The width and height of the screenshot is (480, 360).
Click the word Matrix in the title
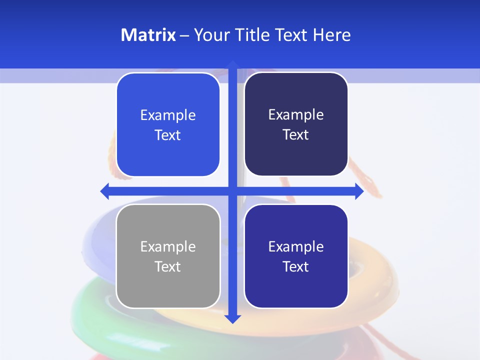pos(148,35)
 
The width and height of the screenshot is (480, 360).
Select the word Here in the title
pos(331,35)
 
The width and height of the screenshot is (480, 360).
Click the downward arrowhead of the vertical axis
pos(232,318)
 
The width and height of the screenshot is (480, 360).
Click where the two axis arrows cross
pos(232,191)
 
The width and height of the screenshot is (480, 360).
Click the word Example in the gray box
pos(168,246)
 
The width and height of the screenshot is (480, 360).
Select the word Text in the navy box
pos(296,135)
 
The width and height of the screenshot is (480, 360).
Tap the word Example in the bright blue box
pos(168,115)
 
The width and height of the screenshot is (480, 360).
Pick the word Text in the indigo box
pos(296,266)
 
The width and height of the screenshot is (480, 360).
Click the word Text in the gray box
pos(168,266)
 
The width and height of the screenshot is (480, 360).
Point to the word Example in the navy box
pos(296,114)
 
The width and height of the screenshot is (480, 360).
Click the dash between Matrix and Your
pos(184,35)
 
